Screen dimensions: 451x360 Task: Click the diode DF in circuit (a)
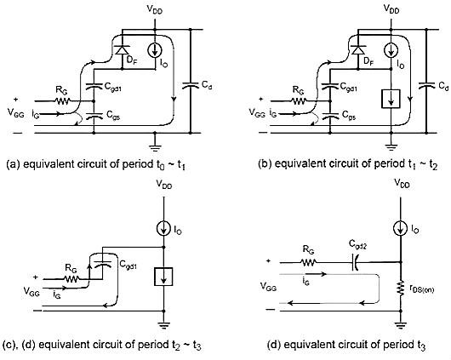(x=122, y=50)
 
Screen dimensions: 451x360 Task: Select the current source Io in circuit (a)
(x=155, y=51)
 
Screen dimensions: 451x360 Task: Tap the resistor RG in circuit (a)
(x=63, y=101)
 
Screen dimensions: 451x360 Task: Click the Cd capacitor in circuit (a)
(x=190, y=85)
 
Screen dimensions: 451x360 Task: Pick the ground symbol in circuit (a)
(x=155, y=147)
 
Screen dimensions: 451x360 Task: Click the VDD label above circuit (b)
(x=391, y=9)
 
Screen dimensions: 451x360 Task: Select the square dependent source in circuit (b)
(x=391, y=99)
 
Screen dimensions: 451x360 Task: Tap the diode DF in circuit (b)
(x=358, y=50)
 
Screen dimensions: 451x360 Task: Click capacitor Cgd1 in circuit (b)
(x=330, y=86)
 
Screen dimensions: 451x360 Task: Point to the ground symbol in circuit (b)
(x=391, y=147)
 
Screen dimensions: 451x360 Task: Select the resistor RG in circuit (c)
(x=71, y=279)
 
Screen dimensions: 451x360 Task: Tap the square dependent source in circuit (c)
(x=163, y=277)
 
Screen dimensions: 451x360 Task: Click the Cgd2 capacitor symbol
(x=355, y=262)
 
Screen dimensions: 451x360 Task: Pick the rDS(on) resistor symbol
(x=401, y=289)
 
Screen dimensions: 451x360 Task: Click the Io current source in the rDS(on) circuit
(x=401, y=229)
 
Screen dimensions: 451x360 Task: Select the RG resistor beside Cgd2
(x=309, y=262)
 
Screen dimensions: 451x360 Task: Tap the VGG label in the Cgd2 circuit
(x=268, y=287)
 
